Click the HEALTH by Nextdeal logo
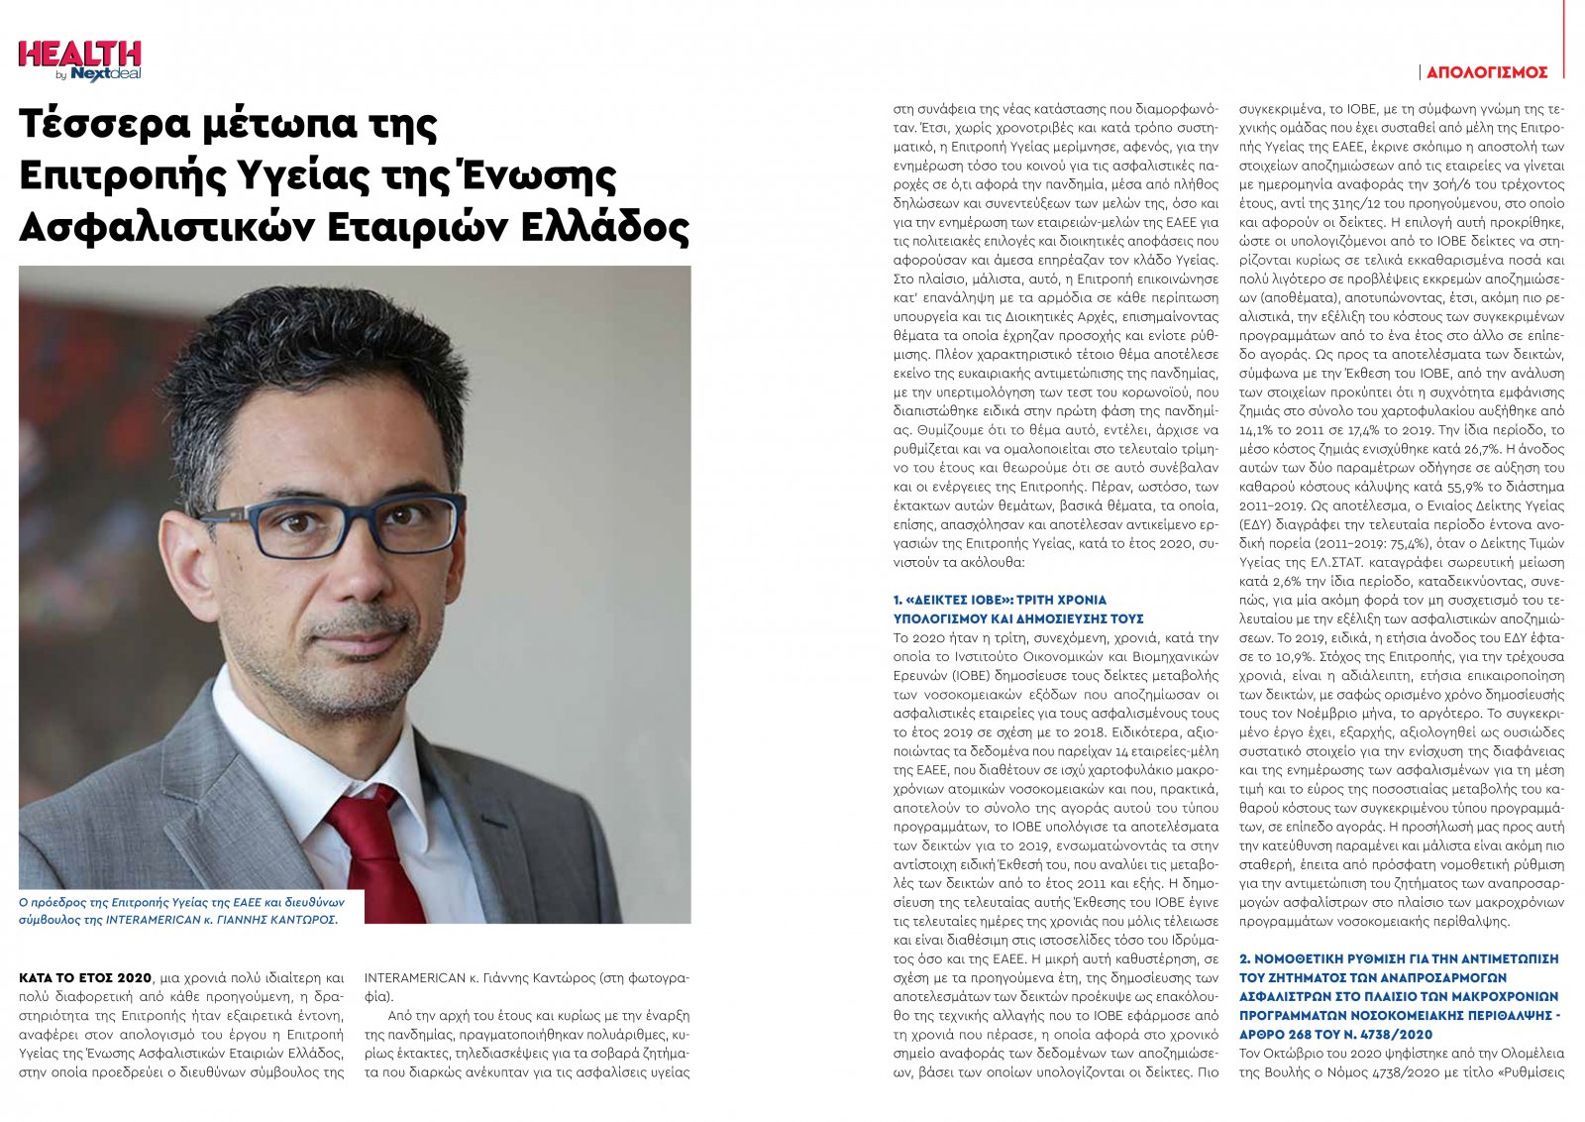(79, 59)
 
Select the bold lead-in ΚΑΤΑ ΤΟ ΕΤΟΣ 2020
(85, 977)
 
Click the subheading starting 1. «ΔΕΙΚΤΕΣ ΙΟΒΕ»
(1000, 600)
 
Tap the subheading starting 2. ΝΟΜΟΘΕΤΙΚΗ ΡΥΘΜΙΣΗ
(1399, 958)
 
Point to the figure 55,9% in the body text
(1415, 487)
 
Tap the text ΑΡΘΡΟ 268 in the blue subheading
(1282, 1034)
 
